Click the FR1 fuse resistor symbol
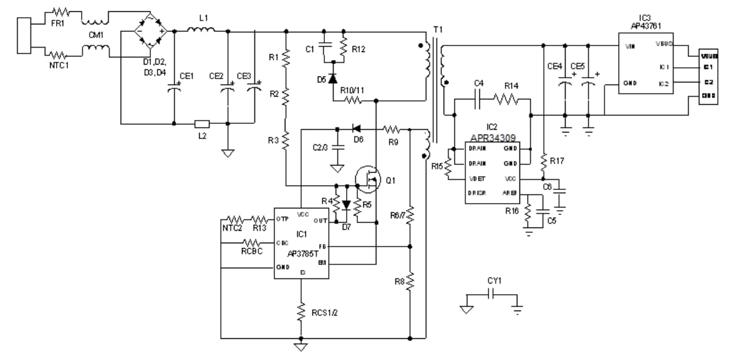(61, 13)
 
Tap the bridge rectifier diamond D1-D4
(149, 30)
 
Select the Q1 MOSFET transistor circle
(368, 178)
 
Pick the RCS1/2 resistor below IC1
(301, 310)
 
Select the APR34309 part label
(492, 136)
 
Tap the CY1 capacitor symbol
(491, 295)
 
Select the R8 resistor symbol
(410, 282)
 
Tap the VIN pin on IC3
(629, 47)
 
